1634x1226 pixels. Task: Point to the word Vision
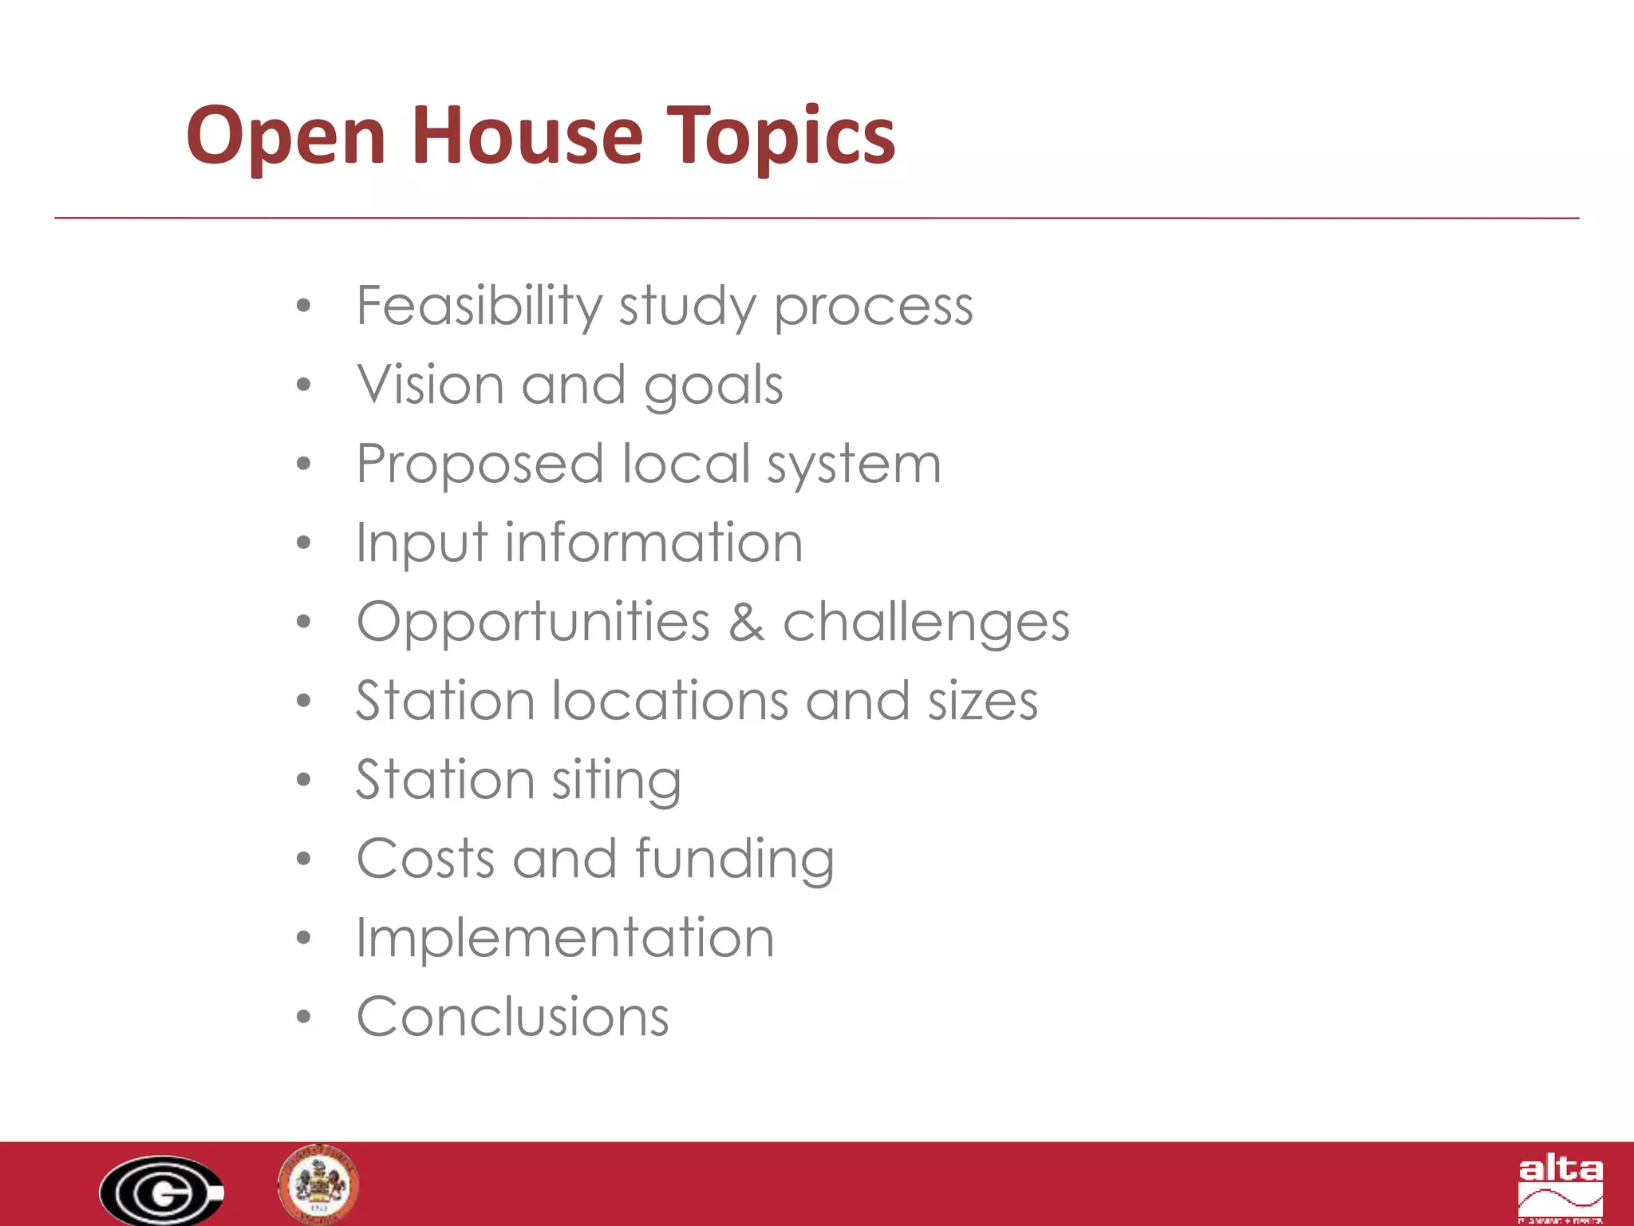click(x=429, y=384)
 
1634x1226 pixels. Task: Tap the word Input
click(x=420, y=543)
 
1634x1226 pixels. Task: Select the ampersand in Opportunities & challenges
click(x=746, y=622)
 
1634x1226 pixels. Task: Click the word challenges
click(x=926, y=622)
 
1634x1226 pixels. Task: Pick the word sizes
click(x=982, y=700)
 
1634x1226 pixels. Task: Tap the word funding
click(x=734, y=859)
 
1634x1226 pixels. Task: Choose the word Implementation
click(x=565, y=937)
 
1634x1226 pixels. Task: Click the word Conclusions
click(x=512, y=1016)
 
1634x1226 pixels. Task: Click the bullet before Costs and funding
click(x=303, y=860)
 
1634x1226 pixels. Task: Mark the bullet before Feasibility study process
click(x=303, y=306)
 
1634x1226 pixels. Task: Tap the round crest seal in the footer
click(x=318, y=1184)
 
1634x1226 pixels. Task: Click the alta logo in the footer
click(x=1560, y=1189)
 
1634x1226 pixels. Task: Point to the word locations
click(x=670, y=700)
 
